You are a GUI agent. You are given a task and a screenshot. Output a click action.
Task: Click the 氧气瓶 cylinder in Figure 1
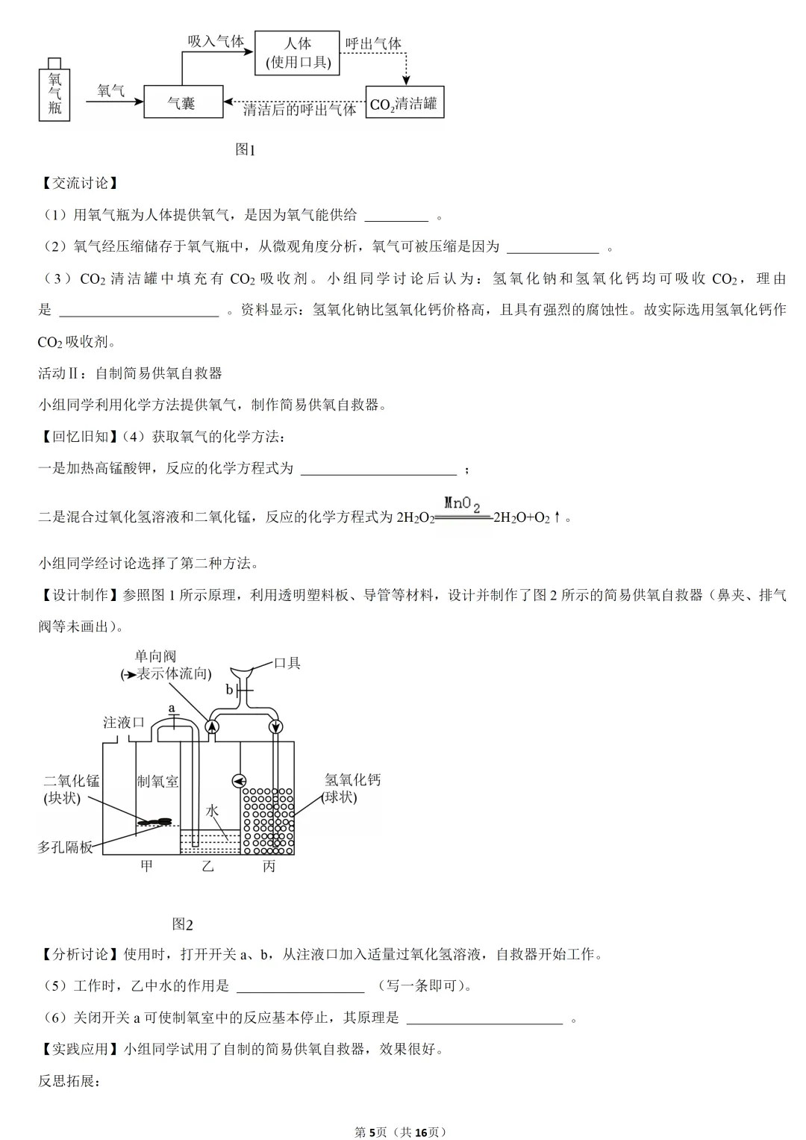pos(54,93)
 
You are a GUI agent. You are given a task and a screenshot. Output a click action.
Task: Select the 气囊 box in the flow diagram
pos(183,102)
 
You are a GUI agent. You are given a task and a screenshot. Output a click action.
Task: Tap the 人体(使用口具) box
pos(297,52)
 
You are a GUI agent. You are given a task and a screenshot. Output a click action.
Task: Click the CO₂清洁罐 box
pos(404,102)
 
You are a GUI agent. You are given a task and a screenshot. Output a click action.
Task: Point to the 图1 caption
pos(245,149)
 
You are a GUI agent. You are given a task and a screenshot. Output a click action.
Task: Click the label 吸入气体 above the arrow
pos(216,41)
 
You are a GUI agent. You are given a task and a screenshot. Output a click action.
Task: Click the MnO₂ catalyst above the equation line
pos(462,504)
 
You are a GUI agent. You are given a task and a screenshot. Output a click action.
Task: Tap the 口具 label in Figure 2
pos(287,663)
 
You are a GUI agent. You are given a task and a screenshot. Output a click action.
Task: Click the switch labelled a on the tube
pos(173,720)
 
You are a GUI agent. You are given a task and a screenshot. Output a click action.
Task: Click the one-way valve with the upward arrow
pos(212,726)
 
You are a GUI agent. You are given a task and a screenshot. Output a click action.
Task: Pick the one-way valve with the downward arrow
pos(275,726)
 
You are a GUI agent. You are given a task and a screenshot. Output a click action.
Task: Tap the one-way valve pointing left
pos(239,781)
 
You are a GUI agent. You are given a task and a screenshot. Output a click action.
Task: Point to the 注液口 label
pos(123,723)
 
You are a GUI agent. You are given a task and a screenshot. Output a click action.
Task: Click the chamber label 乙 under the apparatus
pos(207,866)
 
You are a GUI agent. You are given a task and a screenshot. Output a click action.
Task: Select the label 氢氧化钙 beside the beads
pos(352,780)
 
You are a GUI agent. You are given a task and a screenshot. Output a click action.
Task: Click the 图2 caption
pos(182,924)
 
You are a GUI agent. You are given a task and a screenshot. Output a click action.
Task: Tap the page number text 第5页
pos(371,1132)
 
